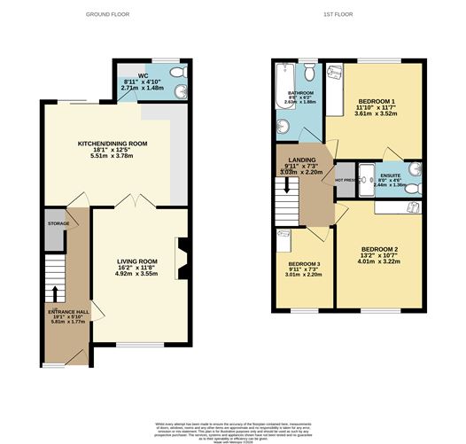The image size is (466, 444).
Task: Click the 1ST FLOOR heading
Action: coord(340,15)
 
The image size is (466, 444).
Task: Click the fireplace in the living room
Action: coord(183,260)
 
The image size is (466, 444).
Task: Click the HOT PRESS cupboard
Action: coord(346,181)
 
